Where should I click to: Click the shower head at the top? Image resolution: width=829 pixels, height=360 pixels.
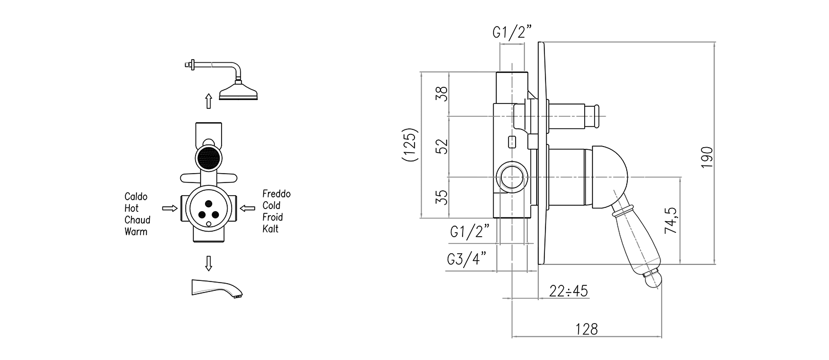click(239, 91)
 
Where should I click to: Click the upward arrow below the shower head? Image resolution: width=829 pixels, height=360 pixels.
click(208, 101)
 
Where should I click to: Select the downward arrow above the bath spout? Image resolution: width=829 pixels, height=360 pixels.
click(208, 263)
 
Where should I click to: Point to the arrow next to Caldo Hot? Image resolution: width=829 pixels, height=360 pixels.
click(169, 208)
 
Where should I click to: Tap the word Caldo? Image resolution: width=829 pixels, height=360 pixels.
click(136, 197)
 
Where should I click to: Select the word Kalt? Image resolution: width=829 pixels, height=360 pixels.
click(271, 228)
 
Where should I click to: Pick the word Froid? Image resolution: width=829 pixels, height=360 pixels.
click(273, 217)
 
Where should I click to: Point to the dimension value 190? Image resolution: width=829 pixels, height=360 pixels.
click(707, 157)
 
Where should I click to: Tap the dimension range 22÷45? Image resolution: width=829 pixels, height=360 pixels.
click(569, 290)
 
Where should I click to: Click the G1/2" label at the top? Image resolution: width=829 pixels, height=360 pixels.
click(511, 33)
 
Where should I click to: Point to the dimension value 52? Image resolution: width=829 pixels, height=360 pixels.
click(440, 146)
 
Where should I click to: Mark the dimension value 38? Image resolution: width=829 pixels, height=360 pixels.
click(440, 94)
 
